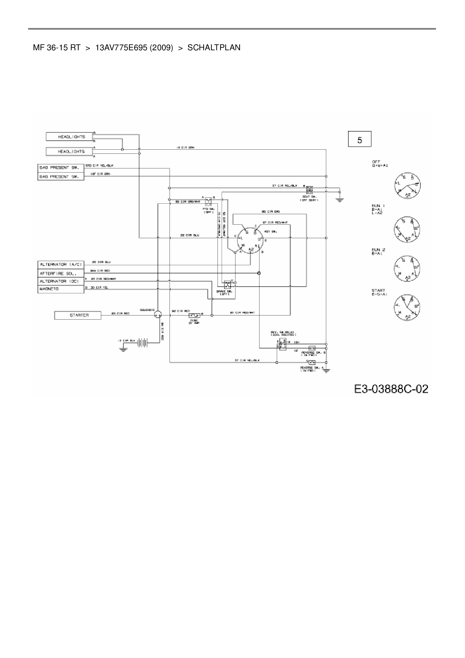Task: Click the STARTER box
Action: click(78, 315)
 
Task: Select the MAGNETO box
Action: click(60, 289)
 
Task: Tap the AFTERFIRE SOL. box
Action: click(60, 273)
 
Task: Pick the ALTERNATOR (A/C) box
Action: click(60, 265)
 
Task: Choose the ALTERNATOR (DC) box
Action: click(60, 281)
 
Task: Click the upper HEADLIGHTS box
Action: click(69, 137)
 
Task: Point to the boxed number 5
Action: click(360, 140)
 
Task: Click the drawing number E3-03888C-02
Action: click(391, 389)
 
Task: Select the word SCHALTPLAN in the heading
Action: click(214, 48)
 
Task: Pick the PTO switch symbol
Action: click(208, 201)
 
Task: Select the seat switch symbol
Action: click(309, 189)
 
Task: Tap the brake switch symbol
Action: click(227, 284)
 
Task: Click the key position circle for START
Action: click(406, 307)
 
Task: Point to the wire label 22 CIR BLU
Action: click(190, 235)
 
